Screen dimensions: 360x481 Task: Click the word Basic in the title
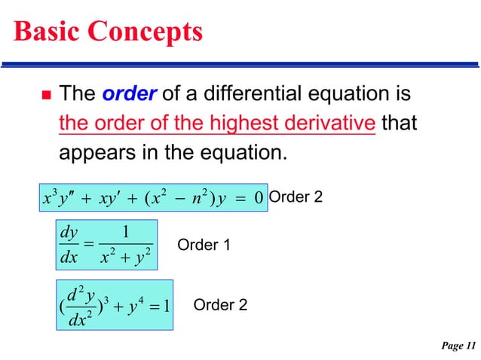pos(47,31)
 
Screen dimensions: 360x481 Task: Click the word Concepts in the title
pos(145,32)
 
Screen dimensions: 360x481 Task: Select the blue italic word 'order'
pos(129,95)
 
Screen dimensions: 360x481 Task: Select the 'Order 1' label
pos(203,246)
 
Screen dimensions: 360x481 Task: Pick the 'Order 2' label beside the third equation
pos(220,305)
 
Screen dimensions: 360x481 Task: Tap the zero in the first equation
pos(258,199)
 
